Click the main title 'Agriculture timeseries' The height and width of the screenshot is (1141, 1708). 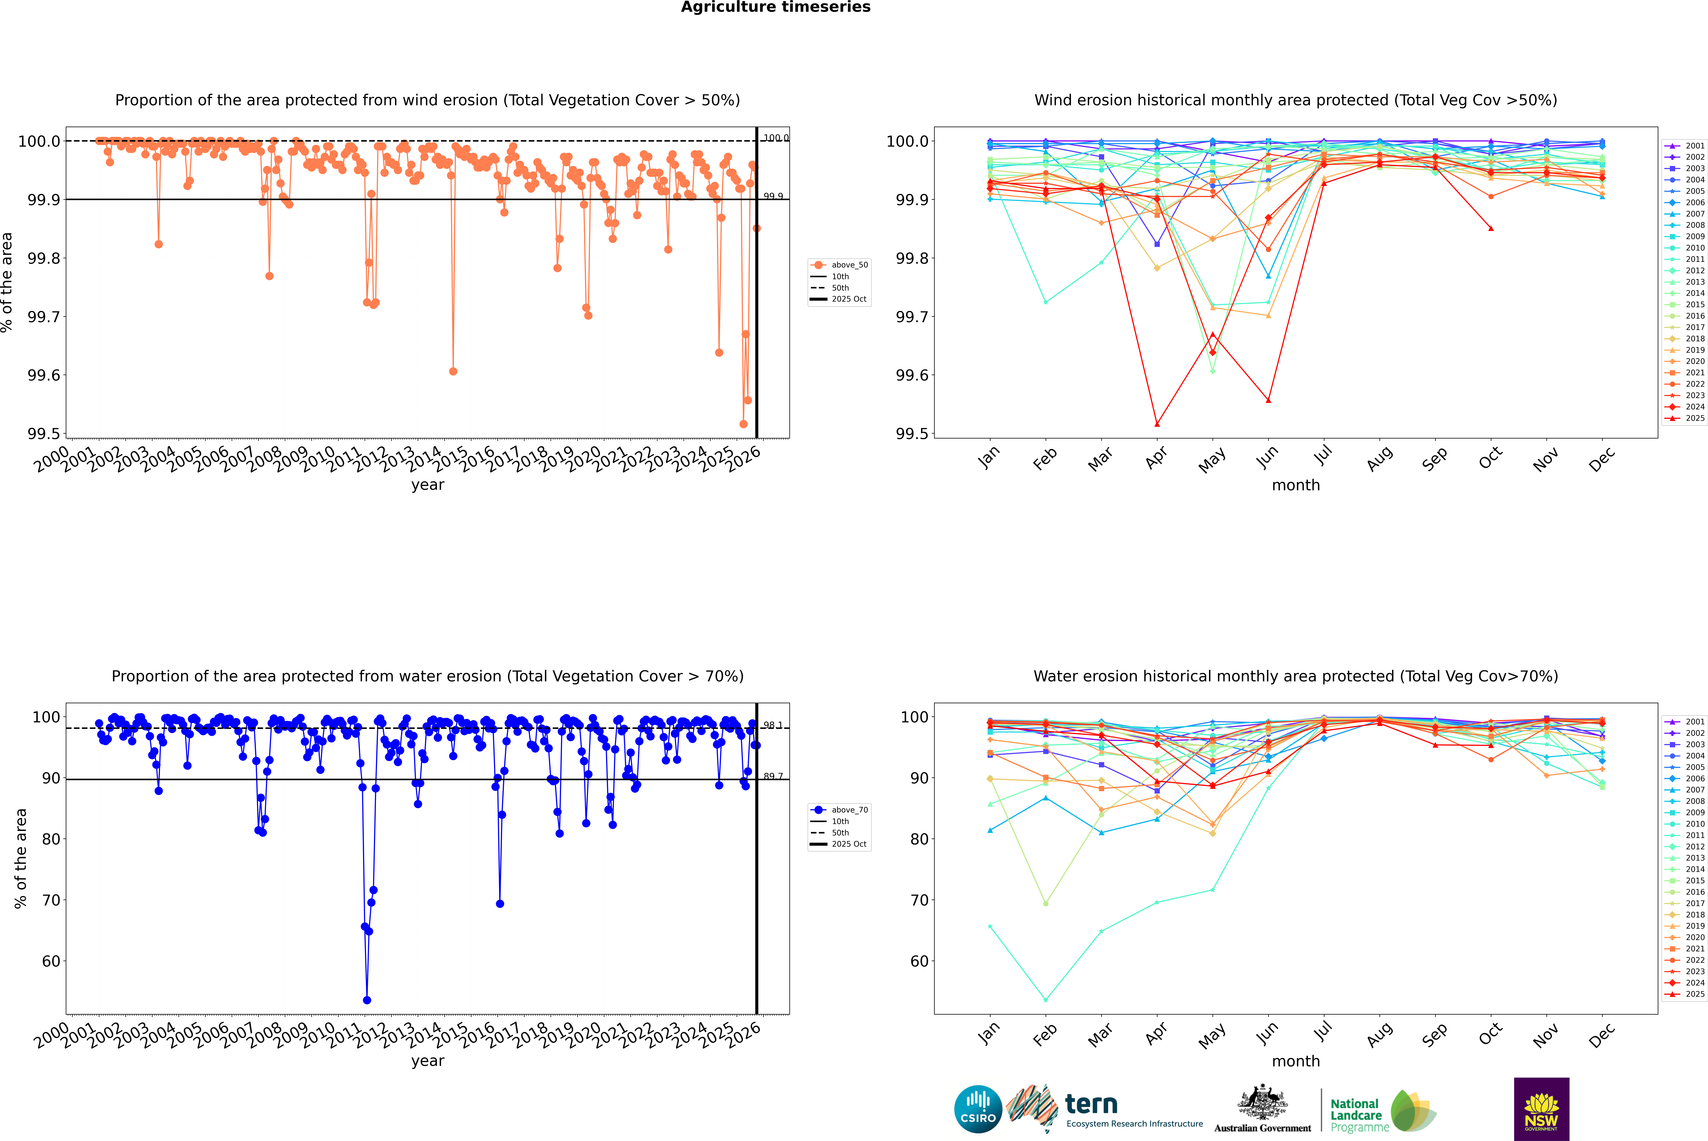(775, 7)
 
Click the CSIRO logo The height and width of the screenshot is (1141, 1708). (978, 1109)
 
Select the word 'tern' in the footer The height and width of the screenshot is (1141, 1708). (1091, 1104)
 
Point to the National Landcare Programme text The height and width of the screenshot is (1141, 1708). (1356, 1115)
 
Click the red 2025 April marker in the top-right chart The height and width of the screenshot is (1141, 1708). (1157, 423)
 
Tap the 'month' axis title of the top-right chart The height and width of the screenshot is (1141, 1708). (1295, 485)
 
